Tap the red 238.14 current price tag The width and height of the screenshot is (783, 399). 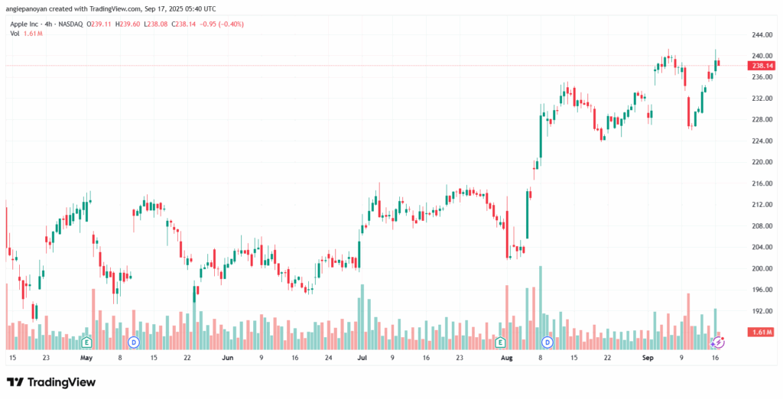(x=761, y=66)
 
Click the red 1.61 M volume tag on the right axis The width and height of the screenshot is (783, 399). (x=761, y=332)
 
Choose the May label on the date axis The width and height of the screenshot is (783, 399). (x=86, y=358)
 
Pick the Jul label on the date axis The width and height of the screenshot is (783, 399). (x=362, y=358)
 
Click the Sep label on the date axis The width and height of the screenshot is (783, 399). (x=648, y=358)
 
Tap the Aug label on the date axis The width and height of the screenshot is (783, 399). (x=507, y=358)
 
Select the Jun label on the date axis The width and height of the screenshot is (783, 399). (x=228, y=358)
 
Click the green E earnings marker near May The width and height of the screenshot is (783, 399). (x=87, y=342)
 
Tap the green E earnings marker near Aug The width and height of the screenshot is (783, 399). (x=500, y=342)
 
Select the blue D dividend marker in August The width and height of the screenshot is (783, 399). (x=547, y=342)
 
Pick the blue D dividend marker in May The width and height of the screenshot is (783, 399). (x=133, y=342)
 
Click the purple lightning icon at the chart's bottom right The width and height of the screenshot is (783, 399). (x=717, y=342)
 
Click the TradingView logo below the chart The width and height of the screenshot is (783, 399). (x=51, y=382)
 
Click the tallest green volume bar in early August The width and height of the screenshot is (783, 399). (x=541, y=307)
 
